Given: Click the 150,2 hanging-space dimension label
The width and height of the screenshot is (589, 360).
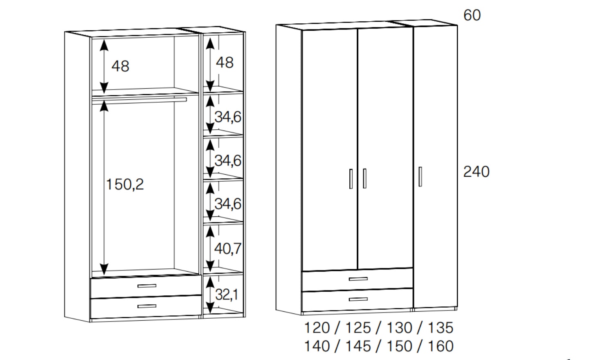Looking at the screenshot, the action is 125,184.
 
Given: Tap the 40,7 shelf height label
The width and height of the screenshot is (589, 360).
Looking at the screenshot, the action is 228,248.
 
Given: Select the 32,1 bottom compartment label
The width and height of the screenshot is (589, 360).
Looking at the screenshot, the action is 227,295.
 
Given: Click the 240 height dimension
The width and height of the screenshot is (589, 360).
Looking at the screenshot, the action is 476,172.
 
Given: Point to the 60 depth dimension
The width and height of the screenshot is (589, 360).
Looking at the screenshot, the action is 472,15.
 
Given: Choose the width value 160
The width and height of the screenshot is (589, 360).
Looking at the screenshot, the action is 441,346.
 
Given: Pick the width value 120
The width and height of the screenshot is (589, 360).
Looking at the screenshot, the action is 317,328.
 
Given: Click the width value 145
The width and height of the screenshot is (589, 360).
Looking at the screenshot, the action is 358,346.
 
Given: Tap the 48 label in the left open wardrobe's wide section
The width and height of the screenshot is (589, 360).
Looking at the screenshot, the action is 120,66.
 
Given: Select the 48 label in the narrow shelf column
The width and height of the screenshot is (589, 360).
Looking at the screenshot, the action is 225,63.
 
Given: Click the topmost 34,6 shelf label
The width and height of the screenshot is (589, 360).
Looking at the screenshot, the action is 228,117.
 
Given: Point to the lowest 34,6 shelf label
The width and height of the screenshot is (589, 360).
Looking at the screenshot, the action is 228,204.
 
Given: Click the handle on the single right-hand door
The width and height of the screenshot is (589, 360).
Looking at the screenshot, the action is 420,177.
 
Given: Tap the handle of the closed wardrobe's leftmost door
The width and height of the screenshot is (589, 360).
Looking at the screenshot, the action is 351,179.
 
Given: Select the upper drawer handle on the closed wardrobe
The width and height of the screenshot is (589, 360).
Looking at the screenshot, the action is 358,279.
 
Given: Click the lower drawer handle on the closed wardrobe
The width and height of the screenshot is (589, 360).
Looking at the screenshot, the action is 358,299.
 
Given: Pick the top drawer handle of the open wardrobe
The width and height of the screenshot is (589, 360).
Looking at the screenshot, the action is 147,286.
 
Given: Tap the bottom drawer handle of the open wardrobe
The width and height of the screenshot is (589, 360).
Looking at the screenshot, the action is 147,306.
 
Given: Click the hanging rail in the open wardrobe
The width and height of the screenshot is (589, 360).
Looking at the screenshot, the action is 139,100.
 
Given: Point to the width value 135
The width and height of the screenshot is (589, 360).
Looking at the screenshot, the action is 441,328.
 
